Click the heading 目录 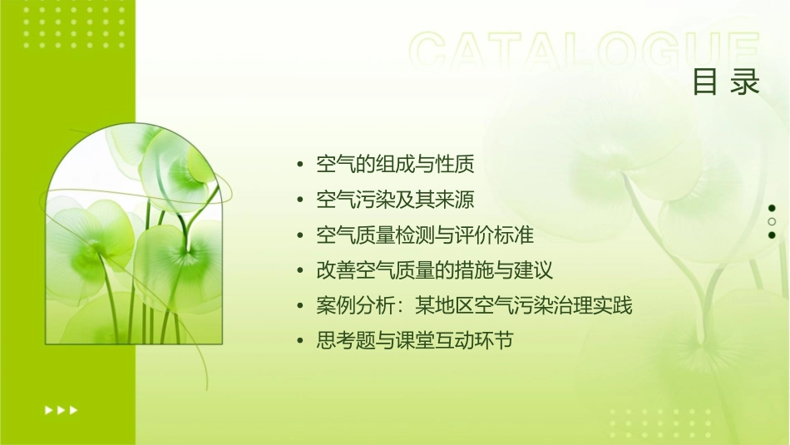pos(726,82)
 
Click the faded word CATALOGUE pos(584,52)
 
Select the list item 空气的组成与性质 pos(395,165)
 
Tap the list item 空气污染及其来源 pos(395,200)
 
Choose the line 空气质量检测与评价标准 pos(424,235)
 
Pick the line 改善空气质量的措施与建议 pos(434,270)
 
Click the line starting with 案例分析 pos(474,305)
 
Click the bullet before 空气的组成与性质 pos(300,165)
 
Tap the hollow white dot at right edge pos(772,221)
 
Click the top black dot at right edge pos(772,208)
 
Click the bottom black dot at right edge pos(772,235)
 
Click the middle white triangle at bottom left pos(61,409)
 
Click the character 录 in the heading pos(746,82)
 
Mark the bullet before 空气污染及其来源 pos(300,200)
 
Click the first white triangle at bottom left pos(48,409)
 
